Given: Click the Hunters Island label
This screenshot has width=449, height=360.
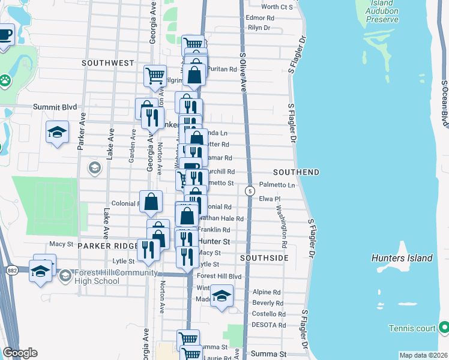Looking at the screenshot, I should tap(402, 258).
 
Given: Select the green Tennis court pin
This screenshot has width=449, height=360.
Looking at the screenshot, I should tap(444, 328).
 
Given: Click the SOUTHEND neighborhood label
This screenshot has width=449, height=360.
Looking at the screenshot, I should tap(295, 172).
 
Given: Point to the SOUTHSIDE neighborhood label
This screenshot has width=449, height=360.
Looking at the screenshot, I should tap(264, 258).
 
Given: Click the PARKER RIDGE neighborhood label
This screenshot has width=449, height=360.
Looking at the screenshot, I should tap(100, 247).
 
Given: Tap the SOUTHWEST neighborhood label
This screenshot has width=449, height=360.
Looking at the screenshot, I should tap(108, 63).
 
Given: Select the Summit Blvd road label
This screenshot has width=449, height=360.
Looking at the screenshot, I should tap(55, 107).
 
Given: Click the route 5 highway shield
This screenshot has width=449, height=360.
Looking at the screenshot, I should tap(249, 191).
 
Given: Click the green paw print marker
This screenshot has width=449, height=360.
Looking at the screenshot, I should tap(5, 79).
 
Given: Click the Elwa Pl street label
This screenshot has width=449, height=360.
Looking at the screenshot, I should tap(270, 198).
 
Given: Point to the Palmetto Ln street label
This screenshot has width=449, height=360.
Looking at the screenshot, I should tap(277, 185).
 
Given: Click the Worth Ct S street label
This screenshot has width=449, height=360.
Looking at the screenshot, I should tap(277, 7).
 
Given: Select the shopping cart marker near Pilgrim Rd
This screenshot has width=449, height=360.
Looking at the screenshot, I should tap(155, 76).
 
